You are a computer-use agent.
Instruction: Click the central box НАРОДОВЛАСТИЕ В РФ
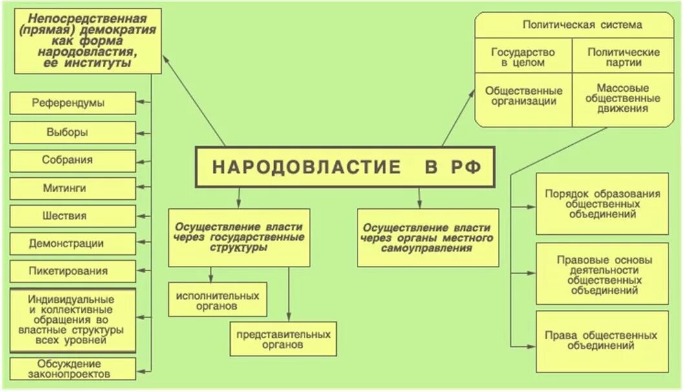click(x=347, y=167)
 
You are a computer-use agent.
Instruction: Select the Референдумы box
click(x=73, y=103)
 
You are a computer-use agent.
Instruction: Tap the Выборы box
click(x=73, y=132)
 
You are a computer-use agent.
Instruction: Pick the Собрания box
click(x=73, y=160)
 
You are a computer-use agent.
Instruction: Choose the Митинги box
click(x=73, y=188)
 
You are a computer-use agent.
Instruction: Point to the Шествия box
click(x=73, y=216)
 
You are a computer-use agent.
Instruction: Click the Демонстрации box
click(x=73, y=244)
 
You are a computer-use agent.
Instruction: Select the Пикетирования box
click(x=73, y=271)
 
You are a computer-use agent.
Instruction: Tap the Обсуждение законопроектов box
click(x=73, y=368)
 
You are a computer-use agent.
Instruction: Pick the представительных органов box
click(x=283, y=339)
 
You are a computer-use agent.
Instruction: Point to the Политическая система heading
click(x=582, y=25)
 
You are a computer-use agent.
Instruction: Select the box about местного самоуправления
click(x=428, y=237)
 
